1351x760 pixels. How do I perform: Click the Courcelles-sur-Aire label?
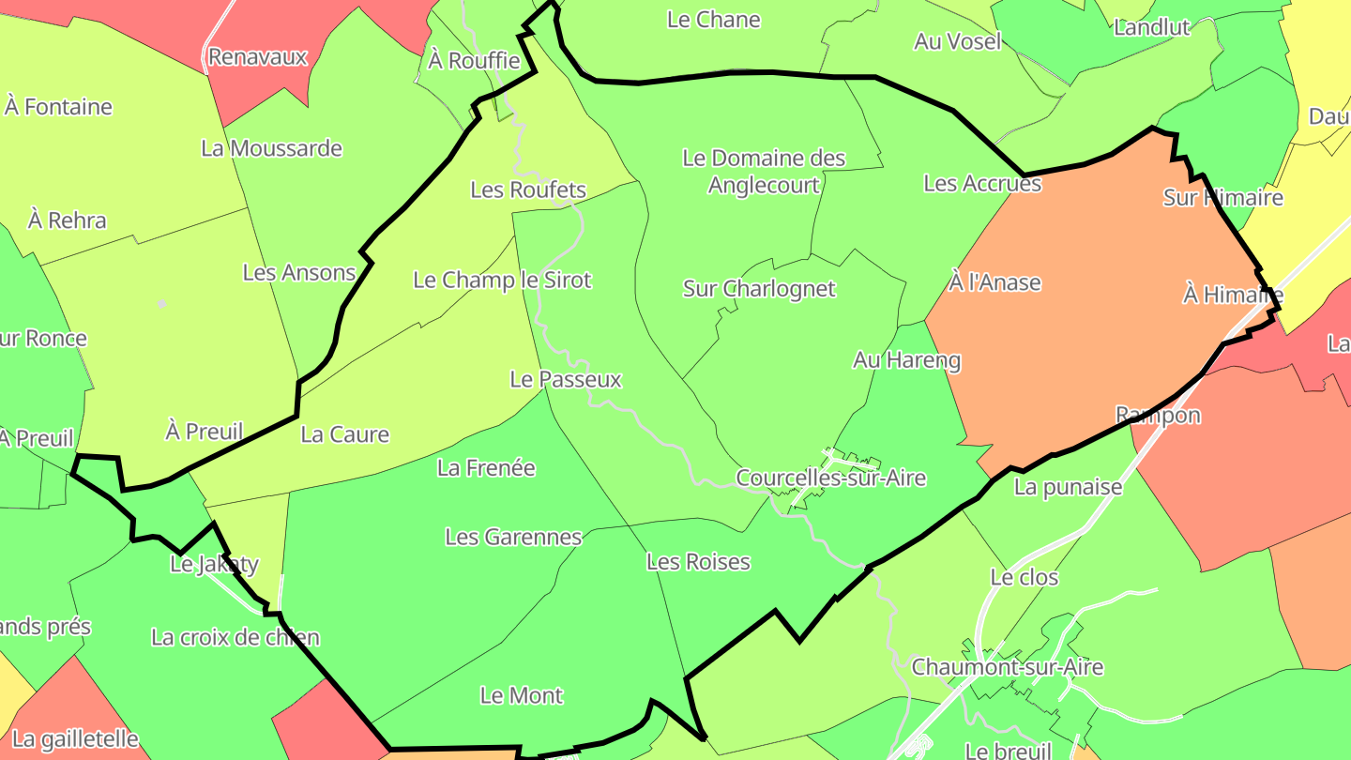pos(830,478)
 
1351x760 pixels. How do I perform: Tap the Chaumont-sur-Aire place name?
pos(1008,667)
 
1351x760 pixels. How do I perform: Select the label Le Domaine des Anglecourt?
pos(764,172)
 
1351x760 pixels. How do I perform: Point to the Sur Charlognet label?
pos(759,288)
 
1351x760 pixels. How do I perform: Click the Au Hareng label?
pos(906,359)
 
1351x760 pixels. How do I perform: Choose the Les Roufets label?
pos(528,190)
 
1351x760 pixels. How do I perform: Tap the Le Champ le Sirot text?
pos(503,280)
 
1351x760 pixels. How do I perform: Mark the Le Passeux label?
pos(566,379)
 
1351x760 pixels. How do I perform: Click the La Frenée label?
pos(486,466)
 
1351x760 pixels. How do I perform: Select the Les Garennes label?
pos(513,537)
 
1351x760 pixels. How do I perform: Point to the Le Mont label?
pos(522,695)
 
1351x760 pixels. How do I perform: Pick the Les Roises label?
pos(698,561)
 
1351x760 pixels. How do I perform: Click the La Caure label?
pos(344,434)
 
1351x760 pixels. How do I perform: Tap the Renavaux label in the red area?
pos(257,56)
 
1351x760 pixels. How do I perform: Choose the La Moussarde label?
pos(271,148)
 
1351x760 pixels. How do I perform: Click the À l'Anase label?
pos(994,282)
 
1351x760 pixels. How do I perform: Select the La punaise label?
pos(1068,487)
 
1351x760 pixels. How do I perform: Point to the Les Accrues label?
pos(982,183)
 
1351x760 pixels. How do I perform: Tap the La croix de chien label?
pos(235,637)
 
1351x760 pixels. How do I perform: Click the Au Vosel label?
pos(958,41)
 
